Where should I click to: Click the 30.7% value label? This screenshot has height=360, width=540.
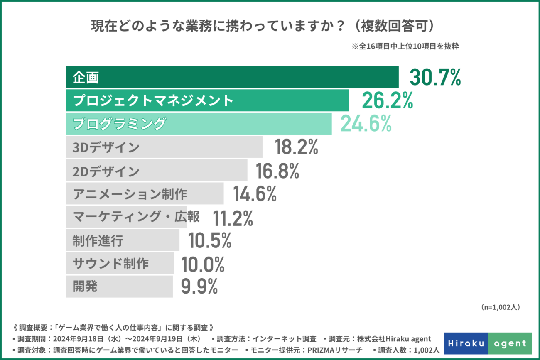click(x=435, y=77)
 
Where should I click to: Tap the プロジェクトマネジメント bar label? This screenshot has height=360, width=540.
click(x=153, y=100)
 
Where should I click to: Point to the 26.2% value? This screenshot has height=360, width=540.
click(x=387, y=100)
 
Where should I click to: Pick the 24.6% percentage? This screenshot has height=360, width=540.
click(x=366, y=123)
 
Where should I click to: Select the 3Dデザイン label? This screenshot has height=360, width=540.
click(x=106, y=147)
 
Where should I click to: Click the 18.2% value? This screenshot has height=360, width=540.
click(x=296, y=147)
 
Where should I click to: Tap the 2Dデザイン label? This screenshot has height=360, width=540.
click(x=106, y=171)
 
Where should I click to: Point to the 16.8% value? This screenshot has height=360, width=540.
click(x=277, y=171)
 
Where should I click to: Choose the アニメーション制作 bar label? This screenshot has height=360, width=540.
click(x=130, y=194)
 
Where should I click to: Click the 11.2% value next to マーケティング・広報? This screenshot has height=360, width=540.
click(x=233, y=218)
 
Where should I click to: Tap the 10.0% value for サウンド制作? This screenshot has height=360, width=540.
click(x=203, y=264)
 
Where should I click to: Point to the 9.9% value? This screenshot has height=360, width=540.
click(x=199, y=287)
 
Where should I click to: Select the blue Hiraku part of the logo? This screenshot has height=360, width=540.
click(x=466, y=343)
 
